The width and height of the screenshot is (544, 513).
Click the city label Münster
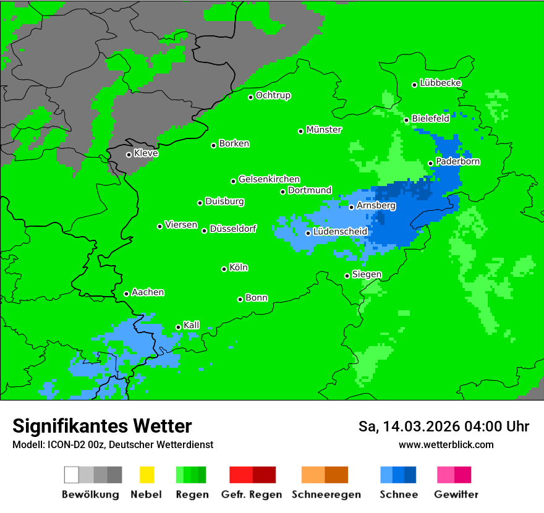click(x=324, y=130)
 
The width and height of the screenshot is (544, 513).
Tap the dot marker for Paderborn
click(x=431, y=164)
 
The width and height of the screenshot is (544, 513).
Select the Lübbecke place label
click(x=440, y=83)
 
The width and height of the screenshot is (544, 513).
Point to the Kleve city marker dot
click(x=129, y=155)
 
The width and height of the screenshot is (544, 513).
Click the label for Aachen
click(x=148, y=292)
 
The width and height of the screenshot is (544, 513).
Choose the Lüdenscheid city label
click(x=340, y=232)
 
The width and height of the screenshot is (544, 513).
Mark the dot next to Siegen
click(x=347, y=276)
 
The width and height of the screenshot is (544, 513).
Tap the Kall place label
click(x=192, y=325)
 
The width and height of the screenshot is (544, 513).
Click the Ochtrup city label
click(x=273, y=96)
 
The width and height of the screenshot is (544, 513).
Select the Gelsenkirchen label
click(x=269, y=179)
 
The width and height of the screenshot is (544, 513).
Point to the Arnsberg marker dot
click(x=351, y=207)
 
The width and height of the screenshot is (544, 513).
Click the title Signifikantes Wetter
click(x=102, y=426)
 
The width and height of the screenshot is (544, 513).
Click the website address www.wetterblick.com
click(x=446, y=444)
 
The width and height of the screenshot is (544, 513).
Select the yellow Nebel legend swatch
click(x=147, y=475)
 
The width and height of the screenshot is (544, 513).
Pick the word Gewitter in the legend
click(x=456, y=494)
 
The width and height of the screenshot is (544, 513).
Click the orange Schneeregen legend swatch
click(x=313, y=475)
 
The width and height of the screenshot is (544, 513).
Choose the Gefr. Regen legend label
click(x=252, y=494)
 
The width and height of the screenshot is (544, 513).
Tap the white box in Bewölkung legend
click(x=72, y=475)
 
